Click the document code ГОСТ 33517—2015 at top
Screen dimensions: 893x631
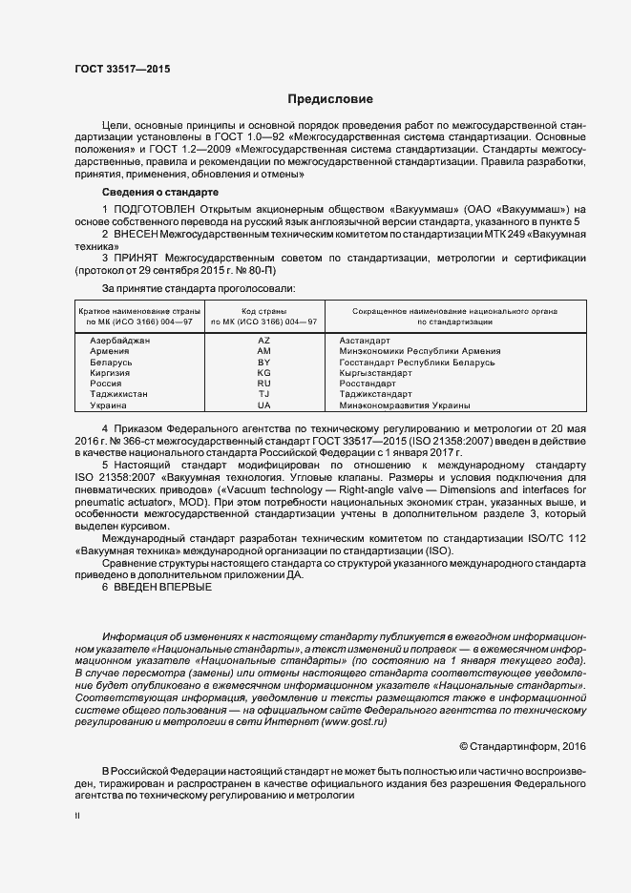122,68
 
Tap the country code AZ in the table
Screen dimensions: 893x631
264,341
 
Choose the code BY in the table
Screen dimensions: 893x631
264,363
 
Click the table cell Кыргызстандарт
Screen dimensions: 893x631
379,373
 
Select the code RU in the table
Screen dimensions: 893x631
264,384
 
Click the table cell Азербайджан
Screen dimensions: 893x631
119,341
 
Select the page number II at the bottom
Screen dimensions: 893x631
77,816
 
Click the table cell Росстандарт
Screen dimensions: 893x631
370,384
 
